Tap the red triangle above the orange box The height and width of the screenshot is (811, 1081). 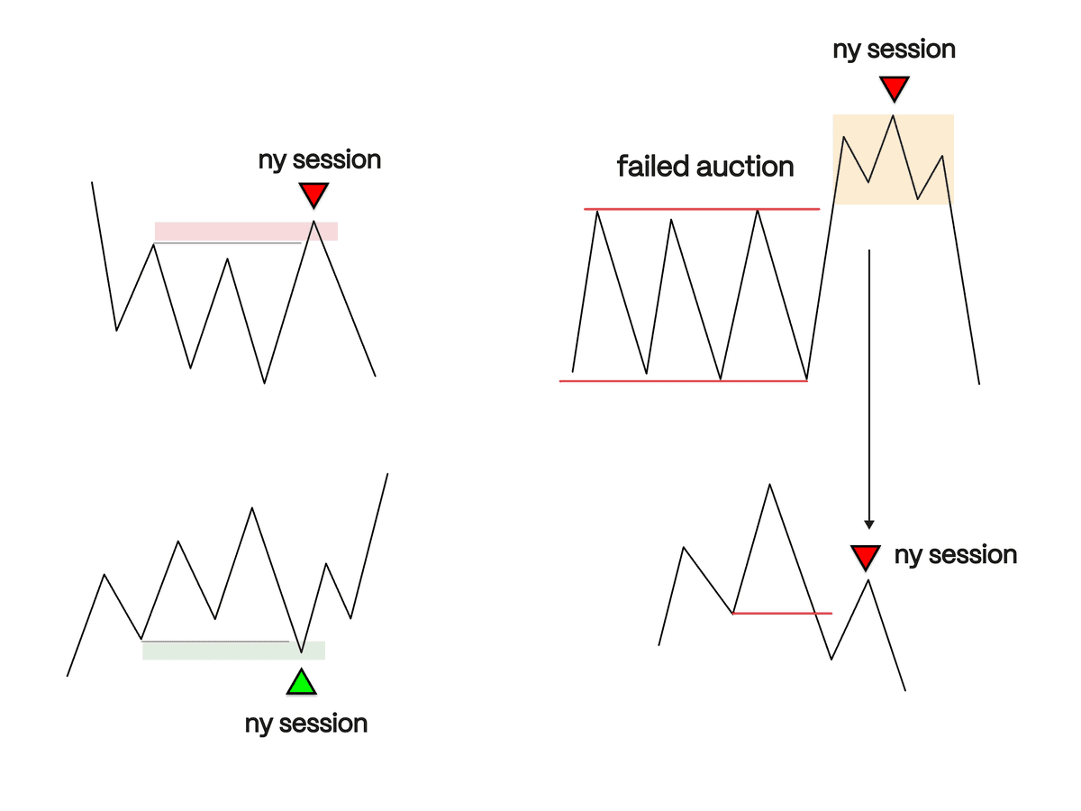tap(894, 88)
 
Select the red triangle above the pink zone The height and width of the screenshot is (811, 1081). tap(313, 195)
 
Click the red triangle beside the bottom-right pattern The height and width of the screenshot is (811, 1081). tap(866, 557)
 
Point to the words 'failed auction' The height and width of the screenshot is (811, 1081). tap(705, 167)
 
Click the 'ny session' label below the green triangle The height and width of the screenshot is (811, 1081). tap(306, 724)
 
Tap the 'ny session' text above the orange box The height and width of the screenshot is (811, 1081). tap(894, 50)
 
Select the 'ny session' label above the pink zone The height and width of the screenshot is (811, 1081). tap(320, 160)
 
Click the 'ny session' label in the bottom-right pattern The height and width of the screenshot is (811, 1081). tap(956, 555)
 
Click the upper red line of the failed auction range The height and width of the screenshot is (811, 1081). tap(703, 209)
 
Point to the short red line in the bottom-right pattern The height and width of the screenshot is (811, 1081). tap(782, 613)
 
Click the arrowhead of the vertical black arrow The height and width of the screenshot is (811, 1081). tap(869, 523)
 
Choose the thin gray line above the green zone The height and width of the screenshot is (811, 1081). tap(216, 641)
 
